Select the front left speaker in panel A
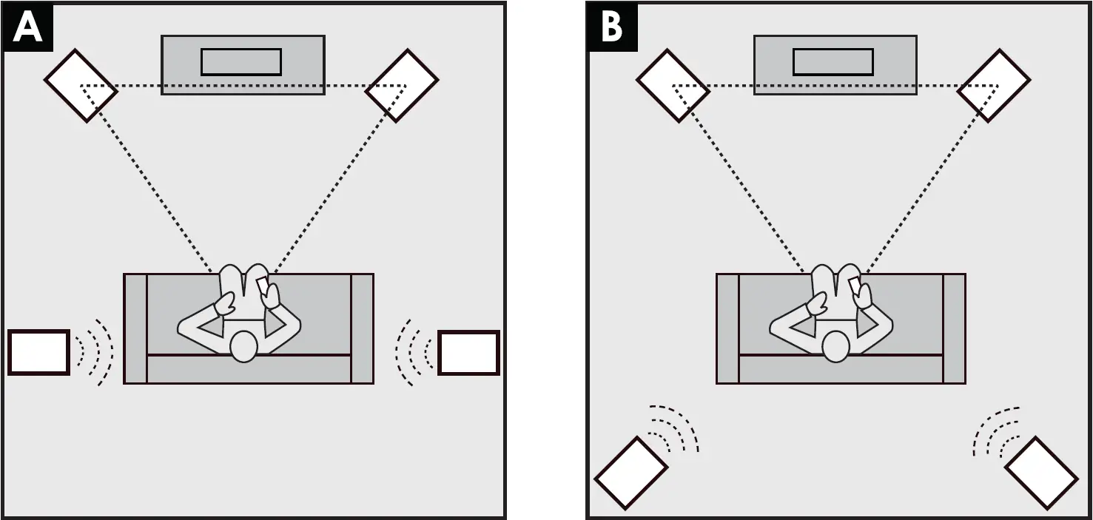(81, 86)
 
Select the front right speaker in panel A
(402, 86)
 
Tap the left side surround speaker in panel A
(38, 352)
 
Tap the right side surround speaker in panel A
(468, 353)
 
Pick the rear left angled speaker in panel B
(631, 473)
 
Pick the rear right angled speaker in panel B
(1041, 473)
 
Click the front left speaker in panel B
(673, 86)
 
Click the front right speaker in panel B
(994, 86)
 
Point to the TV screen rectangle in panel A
(241, 62)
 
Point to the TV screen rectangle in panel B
(833, 62)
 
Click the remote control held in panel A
(263, 286)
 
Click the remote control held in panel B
(855, 286)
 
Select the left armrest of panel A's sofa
(135, 328)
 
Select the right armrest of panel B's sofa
(954, 328)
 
